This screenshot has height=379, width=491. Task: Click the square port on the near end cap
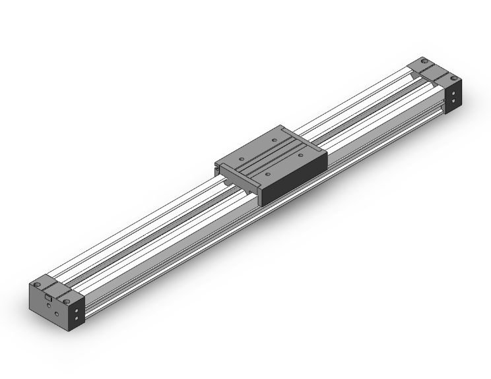click(x=48, y=297)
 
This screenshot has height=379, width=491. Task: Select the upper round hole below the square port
click(x=49, y=305)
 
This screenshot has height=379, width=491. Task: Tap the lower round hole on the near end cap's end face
click(x=57, y=314)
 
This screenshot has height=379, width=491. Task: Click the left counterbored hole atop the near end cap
click(x=37, y=284)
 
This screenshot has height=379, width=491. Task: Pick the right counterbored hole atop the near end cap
click(x=67, y=301)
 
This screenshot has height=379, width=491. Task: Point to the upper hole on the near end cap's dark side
click(x=77, y=310)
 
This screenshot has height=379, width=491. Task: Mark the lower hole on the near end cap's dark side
click(x=77, y=318)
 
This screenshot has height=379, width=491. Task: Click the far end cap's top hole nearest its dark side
click(x=454, y=78)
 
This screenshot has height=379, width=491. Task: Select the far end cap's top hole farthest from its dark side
click(x=424, y=61)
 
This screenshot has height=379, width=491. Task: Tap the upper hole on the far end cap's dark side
click(x=453, y=93)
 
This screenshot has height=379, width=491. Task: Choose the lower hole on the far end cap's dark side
click(x=453, y=101)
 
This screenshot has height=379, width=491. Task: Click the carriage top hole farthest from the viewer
click(x=275, y=140)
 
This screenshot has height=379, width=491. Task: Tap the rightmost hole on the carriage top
click(x=300, y=155)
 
